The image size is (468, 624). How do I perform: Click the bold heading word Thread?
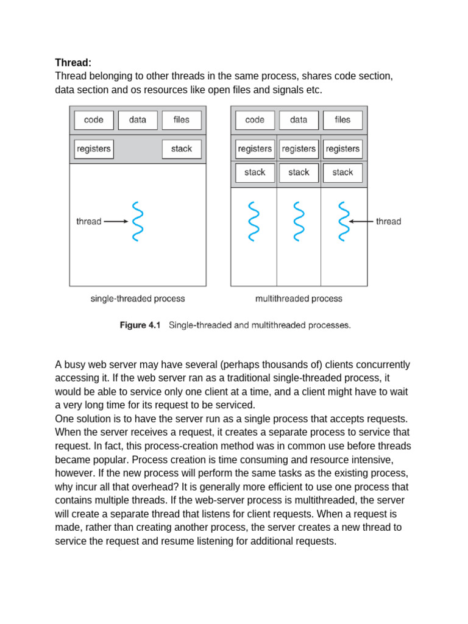(x=73, y=63)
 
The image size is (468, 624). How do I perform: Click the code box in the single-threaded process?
(x=94, y=120)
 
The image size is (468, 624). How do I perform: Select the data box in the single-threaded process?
(x=138, y=120)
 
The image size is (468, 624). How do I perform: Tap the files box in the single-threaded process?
(x=182, y=120)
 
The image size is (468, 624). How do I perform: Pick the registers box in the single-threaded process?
(x=94, y=149)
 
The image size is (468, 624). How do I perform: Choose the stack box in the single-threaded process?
(x=182, y=149)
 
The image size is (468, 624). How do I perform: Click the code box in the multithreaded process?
(x=255, y=120)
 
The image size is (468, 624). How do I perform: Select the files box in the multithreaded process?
(x=342, y=120)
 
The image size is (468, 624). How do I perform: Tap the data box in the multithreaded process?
(x=299, y=120)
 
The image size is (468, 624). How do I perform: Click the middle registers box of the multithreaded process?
(x=299, y=149)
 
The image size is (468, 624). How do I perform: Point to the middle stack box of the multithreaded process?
(x=299, y=172)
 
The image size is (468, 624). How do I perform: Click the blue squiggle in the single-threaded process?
(x=138, y=221)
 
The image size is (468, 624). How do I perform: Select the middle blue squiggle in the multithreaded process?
(x=299, y=221)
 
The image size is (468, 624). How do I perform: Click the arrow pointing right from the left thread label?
(x=116, y=221)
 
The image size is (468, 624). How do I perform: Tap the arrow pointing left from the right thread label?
(x=362, y=221)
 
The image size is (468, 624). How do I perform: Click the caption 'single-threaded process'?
(x=138, y=299)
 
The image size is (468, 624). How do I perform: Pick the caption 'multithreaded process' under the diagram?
(x=299, y=299)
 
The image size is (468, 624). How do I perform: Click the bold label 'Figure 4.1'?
(x=140, y=325)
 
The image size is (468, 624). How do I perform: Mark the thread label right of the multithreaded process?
(x=389, y=221)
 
